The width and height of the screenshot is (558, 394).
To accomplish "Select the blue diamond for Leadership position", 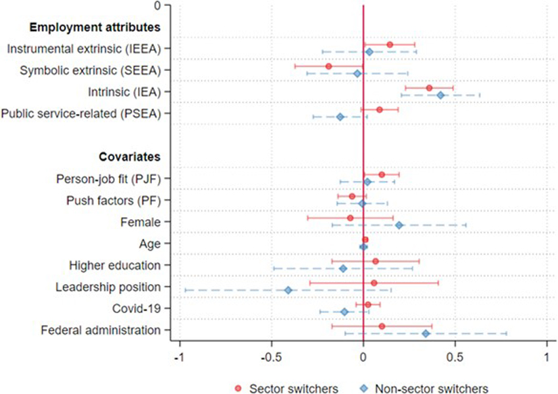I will click(x=288, y=290).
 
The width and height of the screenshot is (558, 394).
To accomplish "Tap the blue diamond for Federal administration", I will click(x=426, y=333).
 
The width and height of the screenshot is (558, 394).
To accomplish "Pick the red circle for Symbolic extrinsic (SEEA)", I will click(x=328, y=66).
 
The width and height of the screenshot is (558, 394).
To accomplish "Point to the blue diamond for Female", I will click(x=399, y=225).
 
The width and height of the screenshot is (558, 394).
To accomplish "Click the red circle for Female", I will click(x=350, y=218).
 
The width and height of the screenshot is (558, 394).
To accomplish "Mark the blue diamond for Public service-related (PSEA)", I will click(x=340, y=116).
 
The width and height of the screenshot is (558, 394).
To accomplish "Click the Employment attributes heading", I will click(x=95, y=27).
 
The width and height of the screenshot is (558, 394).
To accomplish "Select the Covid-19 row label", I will click(x=137, y=308).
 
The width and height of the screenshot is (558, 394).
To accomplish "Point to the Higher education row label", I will click(x=115, y=264).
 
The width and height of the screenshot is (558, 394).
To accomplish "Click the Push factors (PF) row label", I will click(x=114, y=200).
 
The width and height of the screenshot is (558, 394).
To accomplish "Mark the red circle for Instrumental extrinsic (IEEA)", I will click(x=390, y=44).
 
